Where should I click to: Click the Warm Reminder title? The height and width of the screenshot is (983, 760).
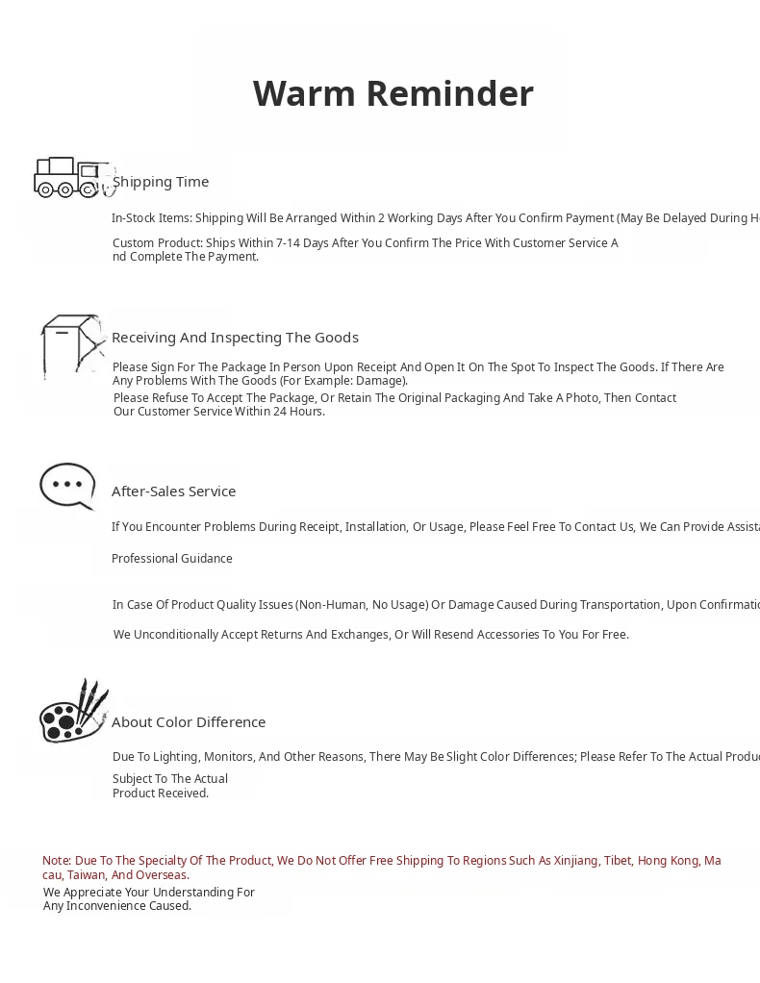[x=393, y=94]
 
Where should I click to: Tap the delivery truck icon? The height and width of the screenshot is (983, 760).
[x=71, y=177]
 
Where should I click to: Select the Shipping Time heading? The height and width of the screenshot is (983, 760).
[x=161, y=182]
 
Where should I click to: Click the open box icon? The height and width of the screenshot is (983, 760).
[x=72, y=344]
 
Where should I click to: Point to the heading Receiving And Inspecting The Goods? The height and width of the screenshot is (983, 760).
[x=235, y=338]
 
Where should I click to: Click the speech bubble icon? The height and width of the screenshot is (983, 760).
[x=67, y=486]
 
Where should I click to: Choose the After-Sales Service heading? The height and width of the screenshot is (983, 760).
[x=173, y=491]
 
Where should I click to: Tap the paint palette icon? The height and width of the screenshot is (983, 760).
[x=73, y=713]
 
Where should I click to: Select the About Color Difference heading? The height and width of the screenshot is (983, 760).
[x=189, y=722]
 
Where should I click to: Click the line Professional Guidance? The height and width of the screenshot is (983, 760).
[x=172, y=559]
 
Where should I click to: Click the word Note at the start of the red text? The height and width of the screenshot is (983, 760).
[x=56, y=861]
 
